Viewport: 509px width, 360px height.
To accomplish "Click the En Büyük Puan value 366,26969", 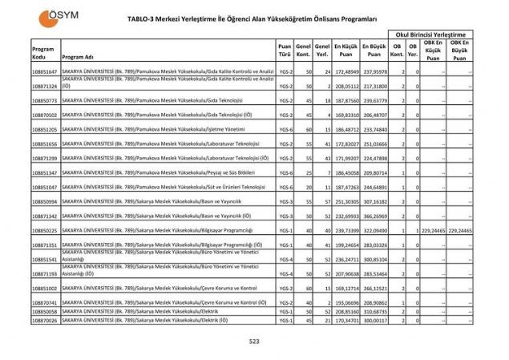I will coord(374,216).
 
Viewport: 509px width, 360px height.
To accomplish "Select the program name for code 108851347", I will coord(152,173).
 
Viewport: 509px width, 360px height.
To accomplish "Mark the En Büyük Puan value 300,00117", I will coord(374,320).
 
